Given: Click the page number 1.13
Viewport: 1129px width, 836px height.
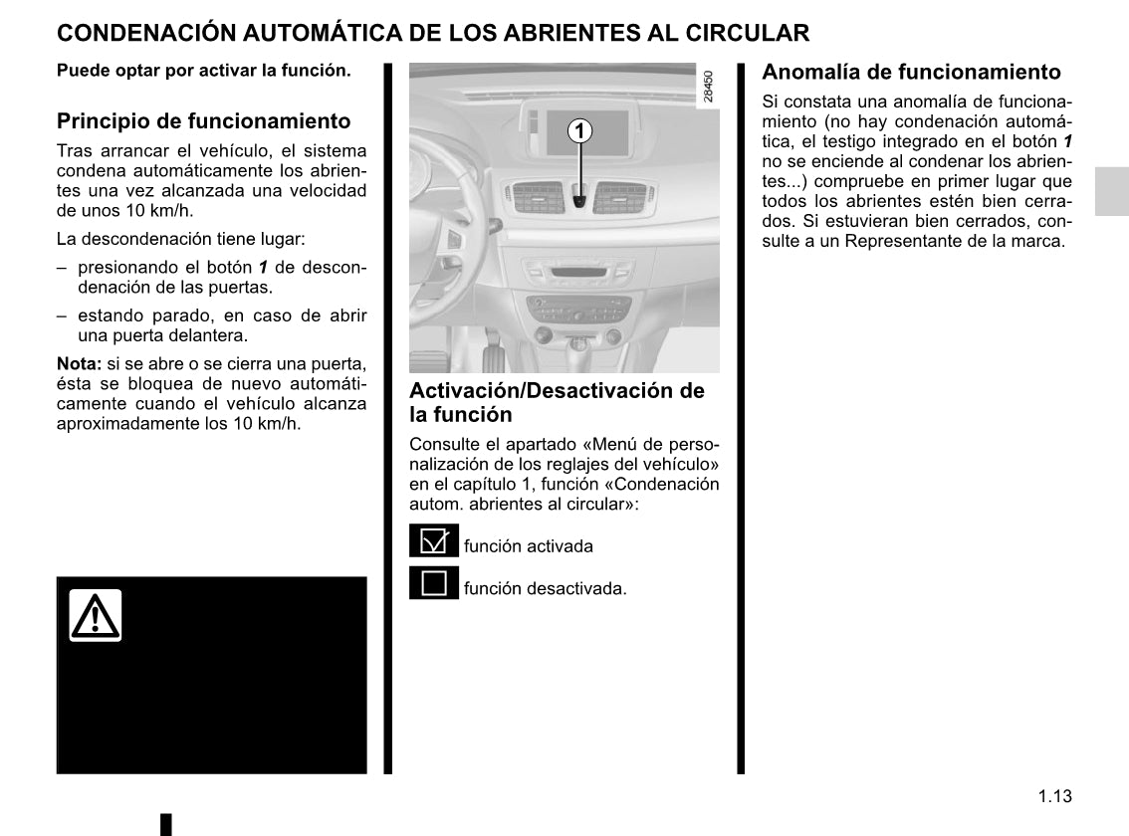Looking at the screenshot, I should pyautogui.click(x=1054, y=796).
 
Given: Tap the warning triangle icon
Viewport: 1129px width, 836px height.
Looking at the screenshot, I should pyautogui.click(x=96, y=615).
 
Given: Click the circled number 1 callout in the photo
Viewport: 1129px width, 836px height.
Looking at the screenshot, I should pyautogui.click(x=579, y=131).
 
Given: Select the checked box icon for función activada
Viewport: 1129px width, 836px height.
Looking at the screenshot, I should pyautogui.click(x=434, y=542).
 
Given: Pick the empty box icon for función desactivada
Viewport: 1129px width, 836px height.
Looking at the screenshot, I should pyautogui.click(x=434, y=584).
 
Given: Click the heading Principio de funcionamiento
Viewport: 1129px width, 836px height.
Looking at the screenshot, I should pyautogui.click(x=203, y=121).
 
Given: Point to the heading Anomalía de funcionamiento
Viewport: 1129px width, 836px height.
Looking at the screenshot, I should pyautogui.click(x=911, y=72).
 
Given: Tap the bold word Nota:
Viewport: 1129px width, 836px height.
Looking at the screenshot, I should pyautogui.click(x=79, y=363).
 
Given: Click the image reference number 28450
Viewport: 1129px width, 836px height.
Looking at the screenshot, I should pyautogui.click(x=708, y=87).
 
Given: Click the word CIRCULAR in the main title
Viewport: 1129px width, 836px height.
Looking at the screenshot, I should pyautogui.click(x=747, y=33).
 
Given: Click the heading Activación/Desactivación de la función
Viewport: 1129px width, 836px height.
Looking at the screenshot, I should pyautogui.click(x=557, y=402).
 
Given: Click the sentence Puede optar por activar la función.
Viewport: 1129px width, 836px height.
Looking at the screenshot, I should pyautogui.click(x=203, y=72).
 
